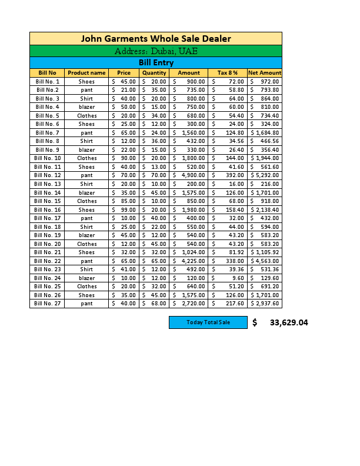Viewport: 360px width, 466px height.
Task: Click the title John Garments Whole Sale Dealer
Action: (x=156, y=39)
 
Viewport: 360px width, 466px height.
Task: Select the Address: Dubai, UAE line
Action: (x=156, y=51)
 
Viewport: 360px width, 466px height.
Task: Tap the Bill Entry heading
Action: (x=156, y=62)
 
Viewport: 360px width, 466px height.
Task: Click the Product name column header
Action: (x=86, y=73)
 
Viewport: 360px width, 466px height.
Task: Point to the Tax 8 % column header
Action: (x=228, y=73)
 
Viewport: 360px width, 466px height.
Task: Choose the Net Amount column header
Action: (x=265, y=73)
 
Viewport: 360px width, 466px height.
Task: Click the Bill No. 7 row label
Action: (x=47, y=133)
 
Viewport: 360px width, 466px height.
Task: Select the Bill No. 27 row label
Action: (x=47, y=304)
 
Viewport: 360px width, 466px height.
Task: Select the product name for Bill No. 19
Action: (x=86, y=235)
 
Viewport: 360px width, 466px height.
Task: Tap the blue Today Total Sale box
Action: (x=208, y=322)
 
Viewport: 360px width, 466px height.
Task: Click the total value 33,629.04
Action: (x=288, y=322)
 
